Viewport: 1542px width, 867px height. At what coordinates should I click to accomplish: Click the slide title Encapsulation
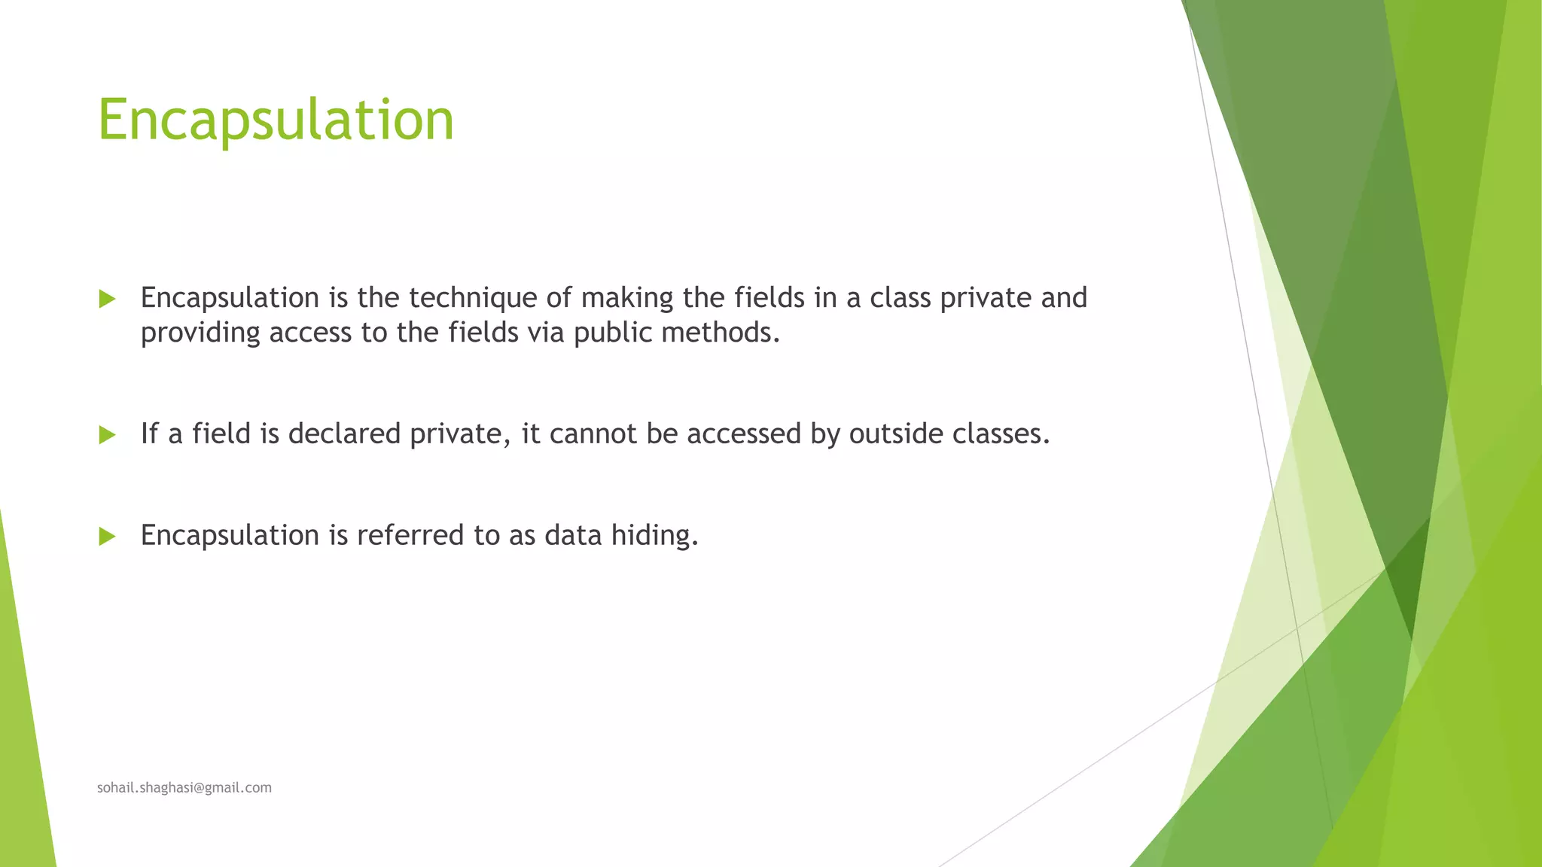pos(276,120)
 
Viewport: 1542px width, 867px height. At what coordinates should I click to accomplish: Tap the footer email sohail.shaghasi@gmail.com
pos(184,787)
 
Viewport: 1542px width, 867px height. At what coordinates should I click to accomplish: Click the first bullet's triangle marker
pos(107,300)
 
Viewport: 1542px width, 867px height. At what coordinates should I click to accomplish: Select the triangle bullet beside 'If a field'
pos(107,435)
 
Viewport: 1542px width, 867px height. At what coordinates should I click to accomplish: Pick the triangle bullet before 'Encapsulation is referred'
pos(107,537)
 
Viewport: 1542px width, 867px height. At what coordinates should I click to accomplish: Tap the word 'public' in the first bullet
pos(613,333)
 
